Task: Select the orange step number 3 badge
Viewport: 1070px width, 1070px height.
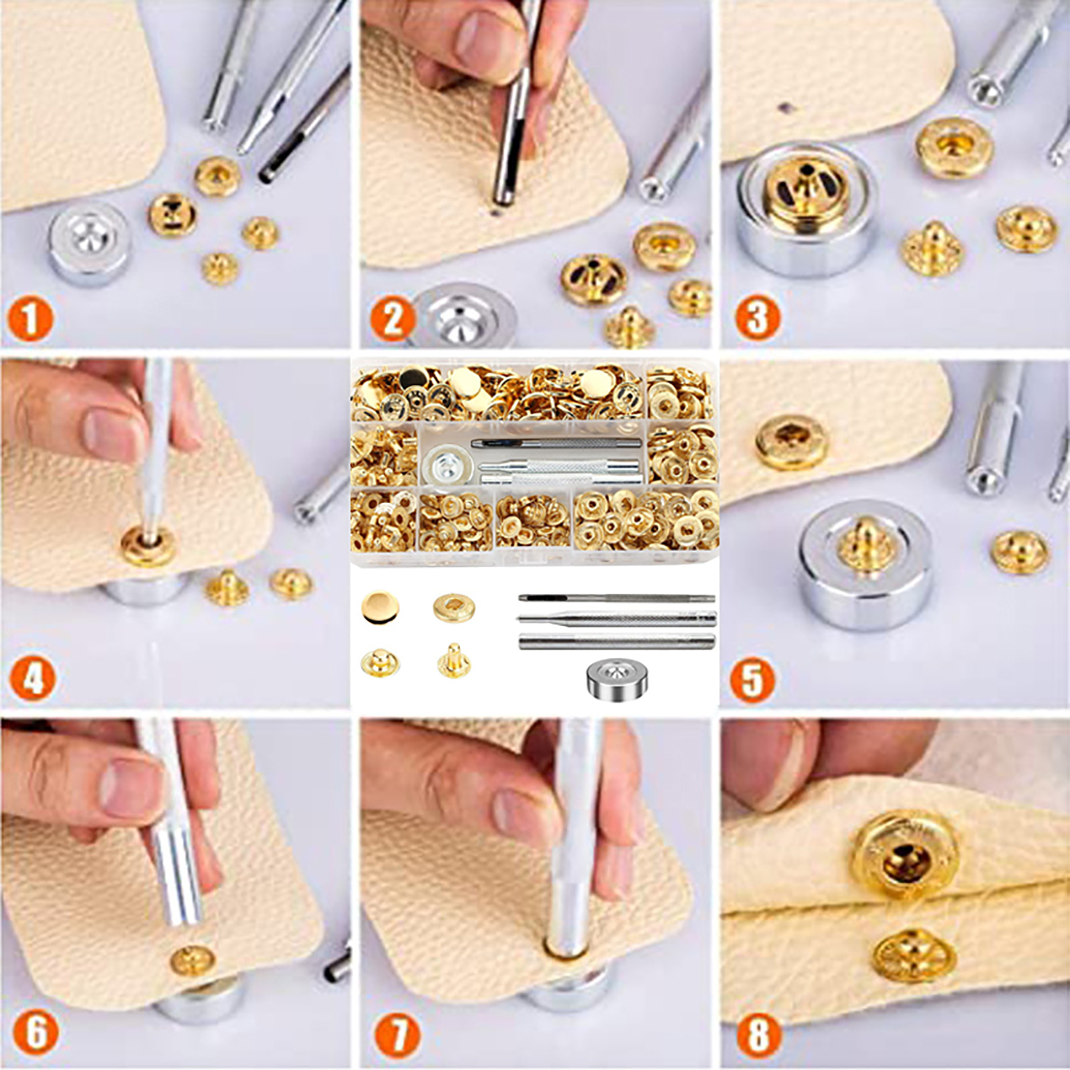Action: pos(757,317)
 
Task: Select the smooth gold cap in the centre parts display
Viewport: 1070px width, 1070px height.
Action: pos(381,607)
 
